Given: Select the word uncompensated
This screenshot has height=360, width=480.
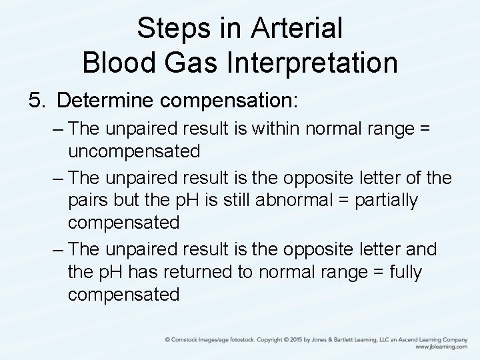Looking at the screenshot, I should [x=133, y=151].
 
